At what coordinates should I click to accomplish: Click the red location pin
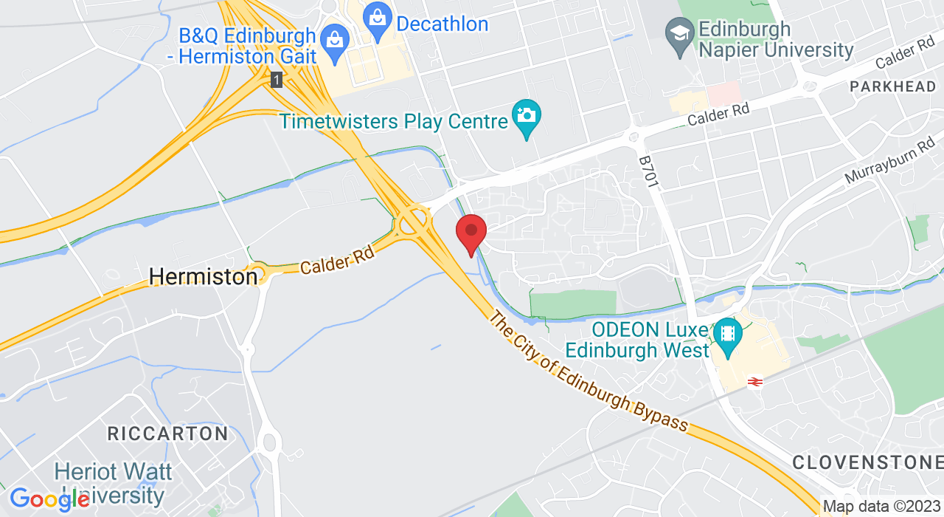(471, 232)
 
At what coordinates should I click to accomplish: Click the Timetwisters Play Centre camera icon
(526, 116)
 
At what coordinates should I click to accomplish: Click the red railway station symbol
(754, 381)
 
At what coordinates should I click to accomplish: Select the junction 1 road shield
(276, 79)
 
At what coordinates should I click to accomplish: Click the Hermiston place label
(204, 276)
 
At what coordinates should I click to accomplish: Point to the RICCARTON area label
(168, 434)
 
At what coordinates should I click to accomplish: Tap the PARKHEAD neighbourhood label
(892, 87)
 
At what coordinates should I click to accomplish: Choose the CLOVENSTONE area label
(867, 463)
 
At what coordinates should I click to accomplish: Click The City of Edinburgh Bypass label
(589, 373)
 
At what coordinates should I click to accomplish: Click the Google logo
(49, 499)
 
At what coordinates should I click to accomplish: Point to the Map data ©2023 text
(881, 507)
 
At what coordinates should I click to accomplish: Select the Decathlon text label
(442, 24)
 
